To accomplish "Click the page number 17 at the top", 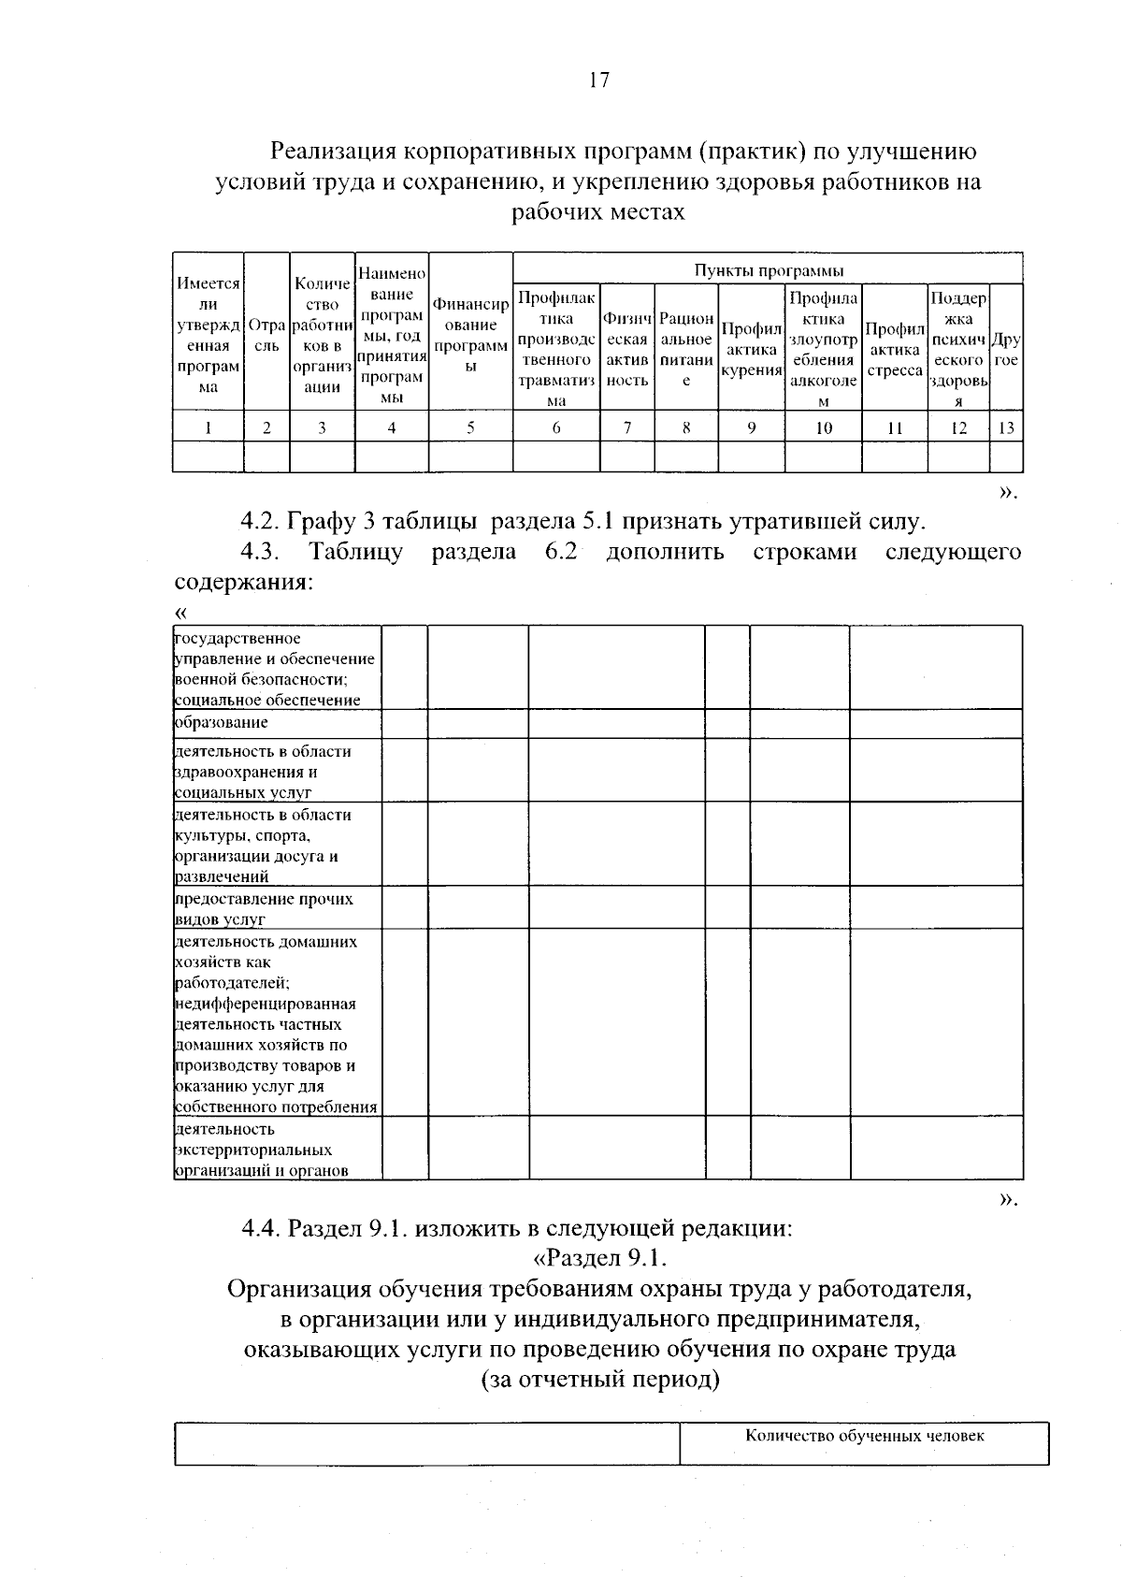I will (598, 80).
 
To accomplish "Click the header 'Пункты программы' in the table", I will (768, 270).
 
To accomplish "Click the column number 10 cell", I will (823, 428).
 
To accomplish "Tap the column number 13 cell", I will (1006, 428).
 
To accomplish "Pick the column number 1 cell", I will (208, 428).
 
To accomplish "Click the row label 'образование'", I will (222, 723).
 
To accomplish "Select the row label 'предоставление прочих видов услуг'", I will (265, 908).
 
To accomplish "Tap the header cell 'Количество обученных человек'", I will (865, 1436).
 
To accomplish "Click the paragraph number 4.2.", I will (261, 521).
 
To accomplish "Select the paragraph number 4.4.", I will (261, 1227).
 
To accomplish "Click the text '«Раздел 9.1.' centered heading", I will (598, 1258).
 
